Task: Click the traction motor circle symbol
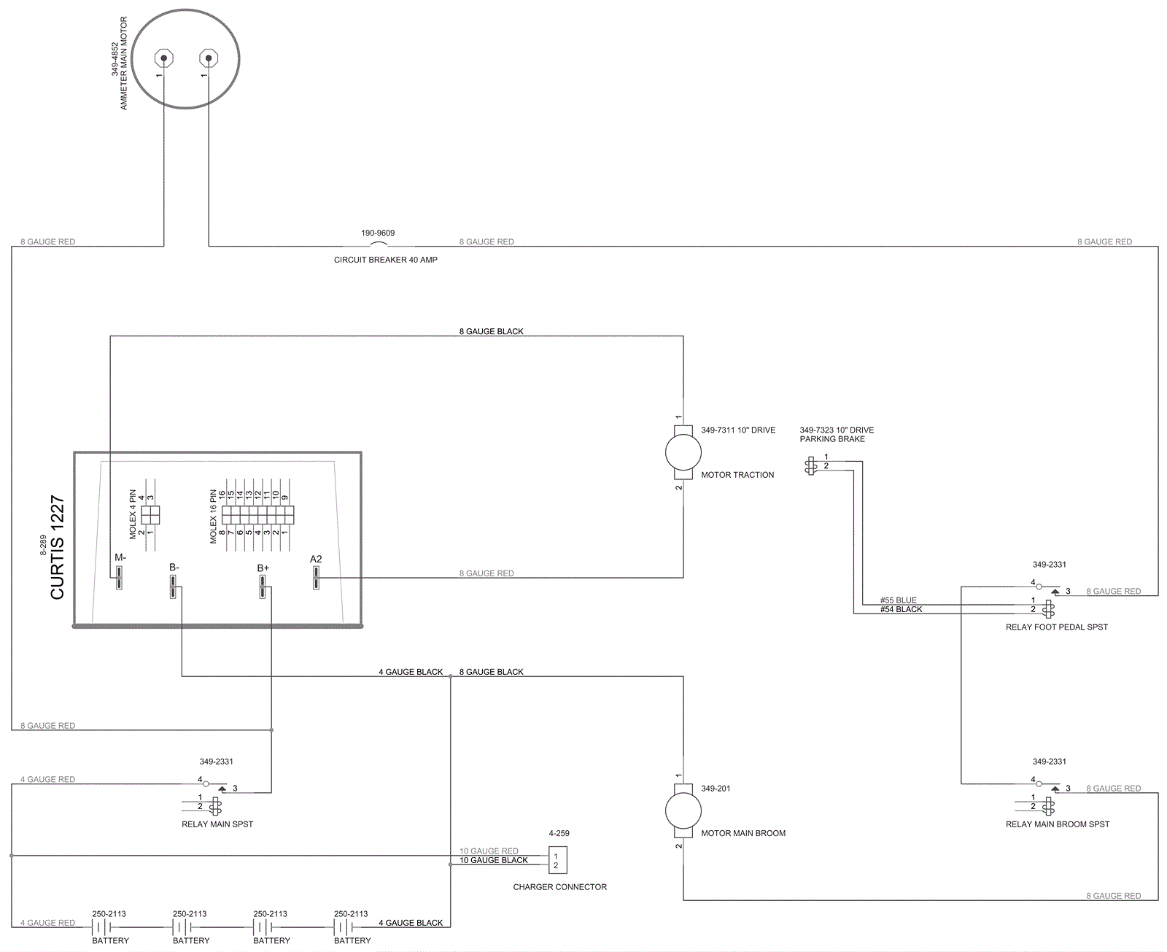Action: pos(683,452)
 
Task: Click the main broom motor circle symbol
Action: pos(683,811)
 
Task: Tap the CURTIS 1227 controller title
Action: pos(58,547)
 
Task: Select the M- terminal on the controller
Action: pos(119,578)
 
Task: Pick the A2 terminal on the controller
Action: pos(316,578)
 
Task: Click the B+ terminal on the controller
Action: pos(263,587)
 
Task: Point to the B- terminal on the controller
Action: pos(173,587)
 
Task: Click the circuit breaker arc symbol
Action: pos(379,244)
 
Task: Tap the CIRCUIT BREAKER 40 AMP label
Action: pos(386,260)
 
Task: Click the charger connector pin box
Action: pos(558,860)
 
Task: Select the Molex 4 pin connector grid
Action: pos(150,515)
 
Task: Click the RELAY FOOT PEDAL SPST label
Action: pos(1056,627)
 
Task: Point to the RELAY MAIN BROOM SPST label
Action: pos(1058,824)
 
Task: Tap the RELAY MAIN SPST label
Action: pos(217,824)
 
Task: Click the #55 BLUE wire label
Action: pos(898,600)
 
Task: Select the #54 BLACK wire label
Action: pos(901,609)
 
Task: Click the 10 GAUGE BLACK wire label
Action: pos(494,860)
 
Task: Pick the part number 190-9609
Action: pos(378,233)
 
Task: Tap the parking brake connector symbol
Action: pos(810,465)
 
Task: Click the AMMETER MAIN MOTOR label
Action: pos(123,63)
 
